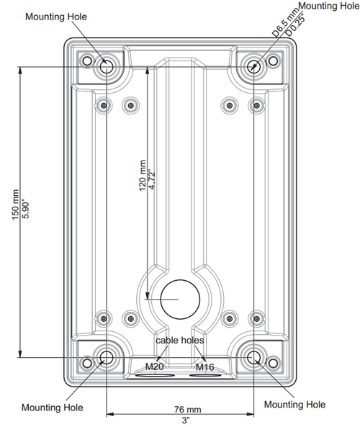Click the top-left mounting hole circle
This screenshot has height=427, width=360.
[106, 66]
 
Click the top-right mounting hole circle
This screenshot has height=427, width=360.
[255, 66]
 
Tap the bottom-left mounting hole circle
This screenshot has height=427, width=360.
[107, 356]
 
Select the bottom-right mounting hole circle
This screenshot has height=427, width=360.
[254, 356]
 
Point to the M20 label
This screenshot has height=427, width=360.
[155, 367]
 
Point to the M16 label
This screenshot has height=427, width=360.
[205, 367]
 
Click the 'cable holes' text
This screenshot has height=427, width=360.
[180, 340]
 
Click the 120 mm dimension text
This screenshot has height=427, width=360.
[142, 175]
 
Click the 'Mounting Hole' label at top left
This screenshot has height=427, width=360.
[55, 16]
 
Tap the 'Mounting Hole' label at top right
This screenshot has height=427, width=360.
[328, 6]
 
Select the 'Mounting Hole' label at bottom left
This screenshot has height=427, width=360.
[52, 408]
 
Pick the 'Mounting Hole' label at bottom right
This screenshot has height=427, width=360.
[294, 405]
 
